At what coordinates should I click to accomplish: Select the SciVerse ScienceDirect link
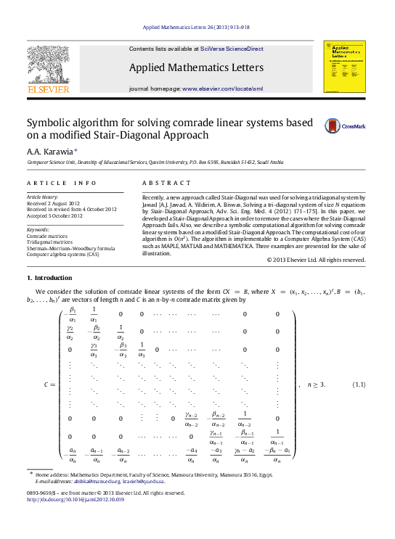tap(232, 49)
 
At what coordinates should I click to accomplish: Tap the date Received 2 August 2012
tap(53, 203)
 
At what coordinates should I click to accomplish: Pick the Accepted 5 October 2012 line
tap(54, 215)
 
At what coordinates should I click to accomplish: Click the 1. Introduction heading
tap(49, 279)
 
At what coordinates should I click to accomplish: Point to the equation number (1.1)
tap(358, 384)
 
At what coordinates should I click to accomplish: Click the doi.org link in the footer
tap(76, 500)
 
